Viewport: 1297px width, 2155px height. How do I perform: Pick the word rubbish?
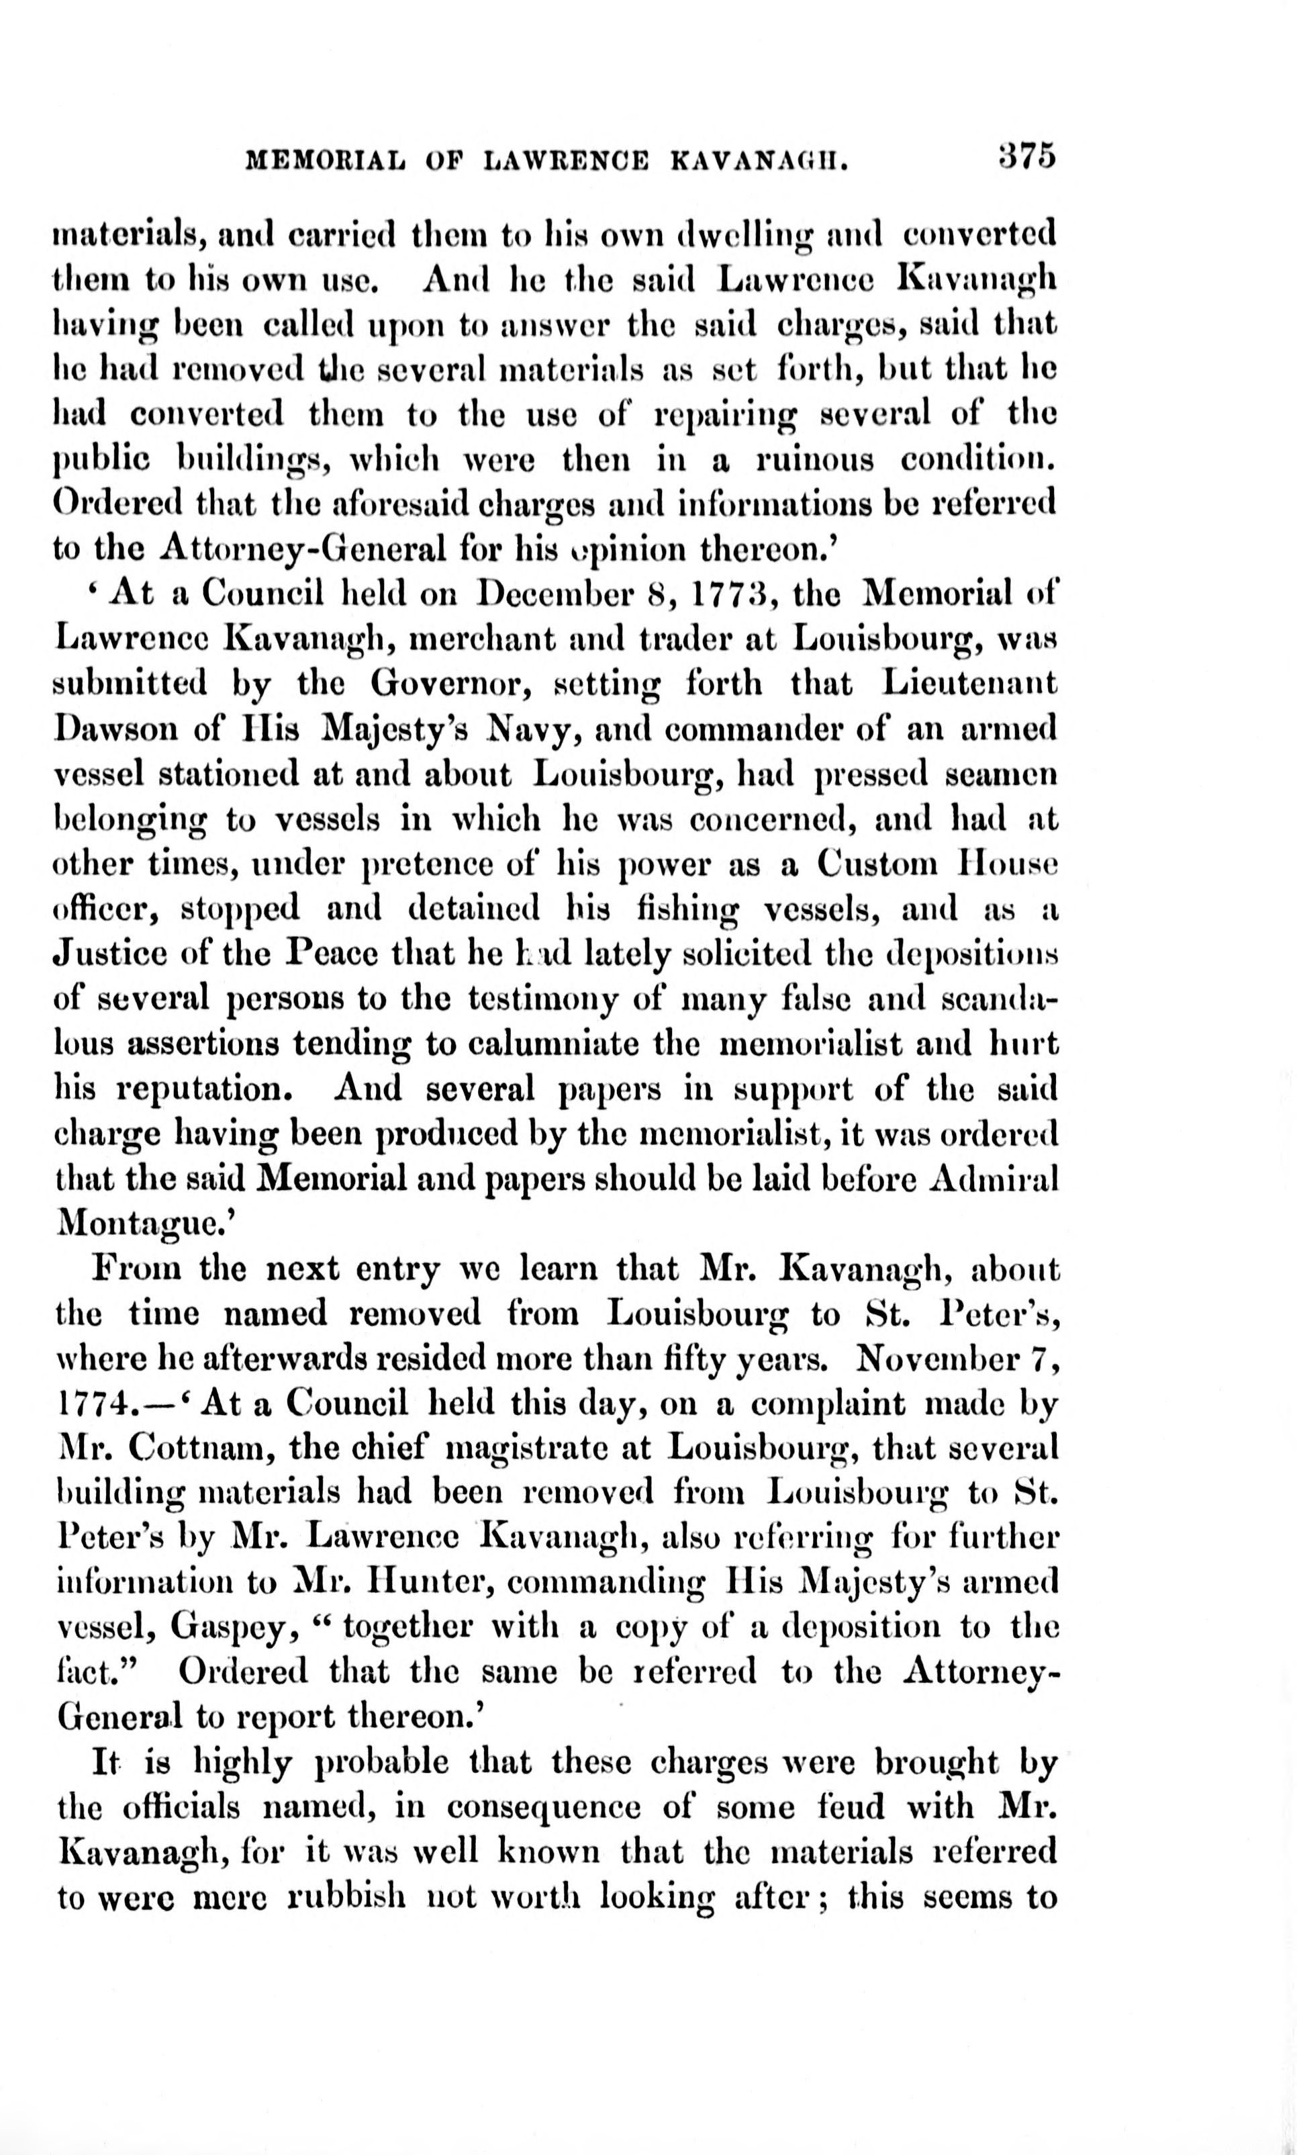click(346, 1897)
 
